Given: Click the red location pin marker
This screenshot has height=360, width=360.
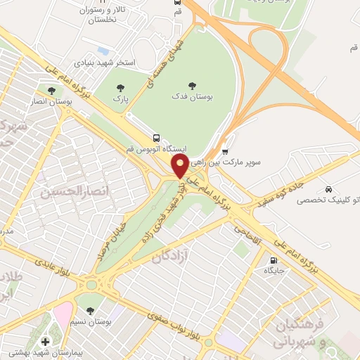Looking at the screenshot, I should pos(180,167).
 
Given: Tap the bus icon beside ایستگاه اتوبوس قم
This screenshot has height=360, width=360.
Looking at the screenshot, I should pos(155,138).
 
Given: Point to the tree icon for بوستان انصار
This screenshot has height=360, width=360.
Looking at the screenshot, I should pos(50,91).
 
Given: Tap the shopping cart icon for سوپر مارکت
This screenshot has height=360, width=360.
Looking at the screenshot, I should pos(225,150).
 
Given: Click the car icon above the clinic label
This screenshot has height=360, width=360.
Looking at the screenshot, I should pos(329,189).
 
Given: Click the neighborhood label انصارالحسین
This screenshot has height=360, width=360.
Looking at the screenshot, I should pos(70,191).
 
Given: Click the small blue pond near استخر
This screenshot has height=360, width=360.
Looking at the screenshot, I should pos(103,51).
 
